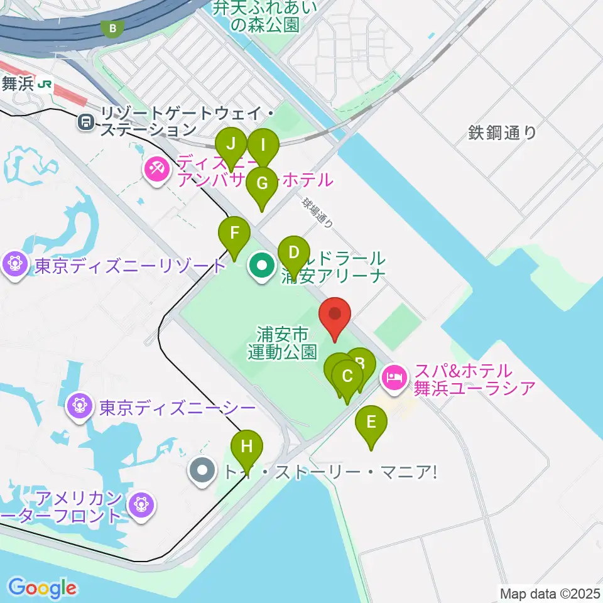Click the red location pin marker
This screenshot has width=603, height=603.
[335, 314]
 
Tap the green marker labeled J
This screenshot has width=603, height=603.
[231, 144]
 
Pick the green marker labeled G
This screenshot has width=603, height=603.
[262, 184]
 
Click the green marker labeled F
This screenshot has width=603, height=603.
[234, 234]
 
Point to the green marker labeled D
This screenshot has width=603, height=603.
[293, 254]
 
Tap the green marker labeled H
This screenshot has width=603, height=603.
[247, 448]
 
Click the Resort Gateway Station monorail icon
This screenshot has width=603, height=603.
[85, 122]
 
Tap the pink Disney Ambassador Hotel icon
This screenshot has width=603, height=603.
[155, 170]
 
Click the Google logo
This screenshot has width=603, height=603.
[42, 587]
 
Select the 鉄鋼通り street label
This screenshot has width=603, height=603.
[503, 133]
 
